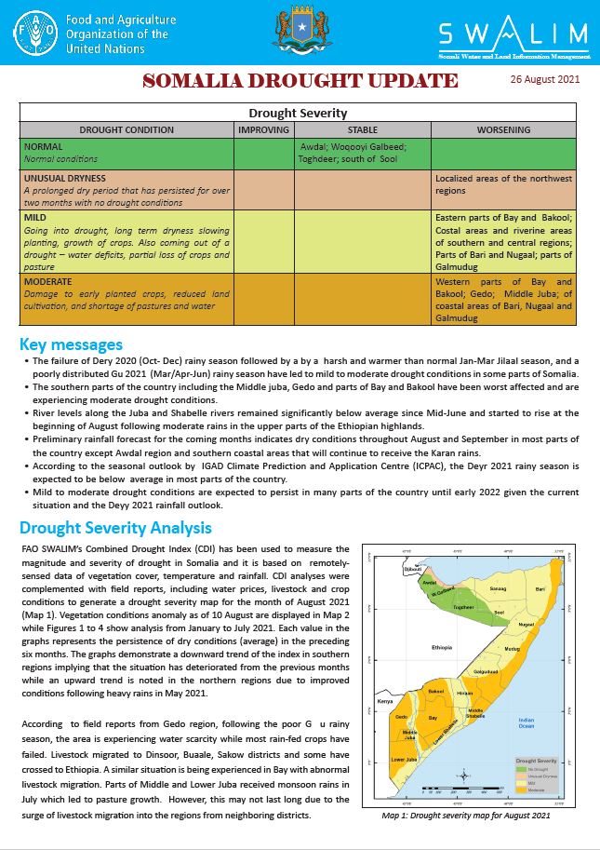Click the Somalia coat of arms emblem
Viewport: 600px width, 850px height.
pos(300,32)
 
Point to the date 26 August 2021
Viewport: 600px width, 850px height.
pos(545,79)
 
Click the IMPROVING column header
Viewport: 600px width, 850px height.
pos(263,130)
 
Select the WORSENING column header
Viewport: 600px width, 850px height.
pos(503,130)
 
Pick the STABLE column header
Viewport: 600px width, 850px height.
pos(363,130)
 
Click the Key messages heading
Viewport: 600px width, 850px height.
pos(71,344)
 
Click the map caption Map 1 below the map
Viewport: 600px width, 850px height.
pos(466,815)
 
